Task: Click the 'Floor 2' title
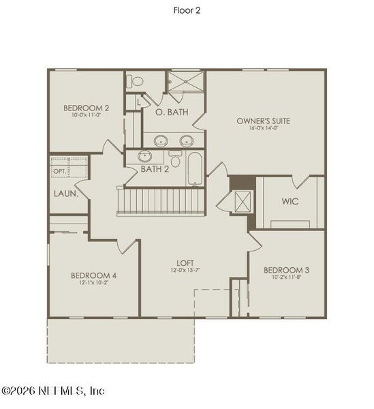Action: [x=187, y=10]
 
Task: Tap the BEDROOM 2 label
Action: [x=87, y=108]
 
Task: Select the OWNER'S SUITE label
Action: [x=263, y=121]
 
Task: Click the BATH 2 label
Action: [x=155, y=168]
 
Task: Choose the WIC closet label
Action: [x=290, y=201]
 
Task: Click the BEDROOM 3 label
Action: [x=286, y=269]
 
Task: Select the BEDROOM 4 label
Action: [x=94, y=275]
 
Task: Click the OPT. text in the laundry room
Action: [x=60, y=172]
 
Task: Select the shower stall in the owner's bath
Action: [x=186, y=82]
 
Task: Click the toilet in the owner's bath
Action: [x=137, y=80]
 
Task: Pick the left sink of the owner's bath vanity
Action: [x=161, y=141]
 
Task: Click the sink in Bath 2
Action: [x=145, y=157]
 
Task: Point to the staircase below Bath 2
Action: [x=161, y=202]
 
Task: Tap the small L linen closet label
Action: [x=138, y=103]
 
